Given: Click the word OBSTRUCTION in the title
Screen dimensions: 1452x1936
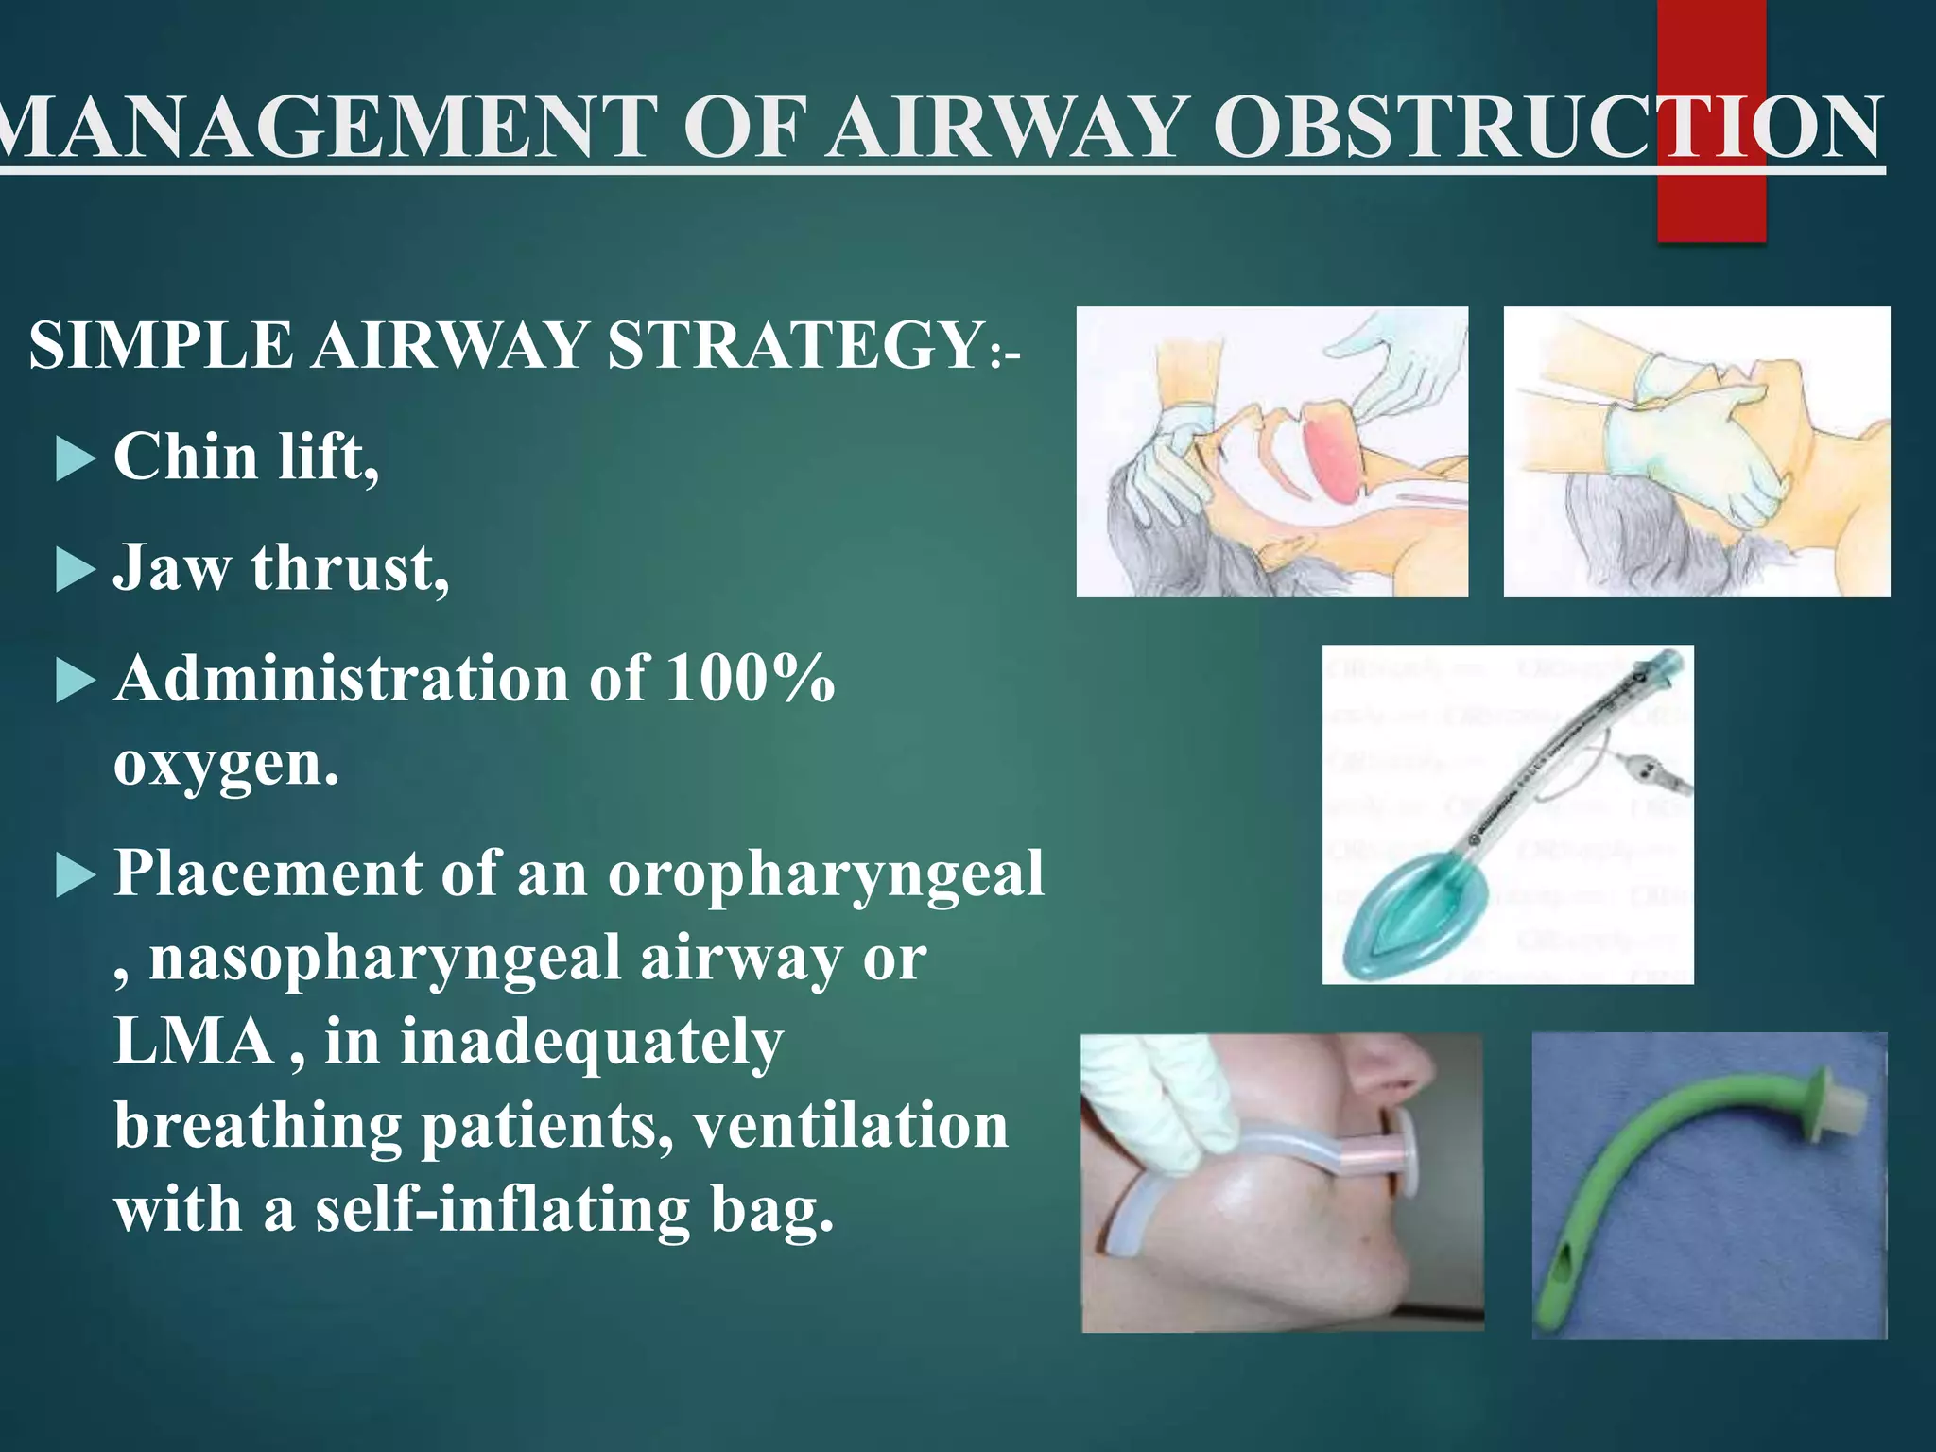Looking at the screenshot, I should (x=1547, y=128).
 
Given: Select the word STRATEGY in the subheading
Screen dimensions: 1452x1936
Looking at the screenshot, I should (x=794, y=345).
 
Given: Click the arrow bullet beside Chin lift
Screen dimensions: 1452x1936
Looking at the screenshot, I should (x=76, y=460).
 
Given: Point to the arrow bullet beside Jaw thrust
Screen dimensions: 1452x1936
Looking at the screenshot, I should (x=76, y=571).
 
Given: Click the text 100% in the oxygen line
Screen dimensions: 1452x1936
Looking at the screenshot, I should (x=749, y=679).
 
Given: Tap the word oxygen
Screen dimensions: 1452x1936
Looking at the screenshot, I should (x=225, y=764).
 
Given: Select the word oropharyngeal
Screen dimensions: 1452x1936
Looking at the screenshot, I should (x=824, y=873).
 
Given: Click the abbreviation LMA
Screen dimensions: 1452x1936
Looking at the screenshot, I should (x=194, y=1042).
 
